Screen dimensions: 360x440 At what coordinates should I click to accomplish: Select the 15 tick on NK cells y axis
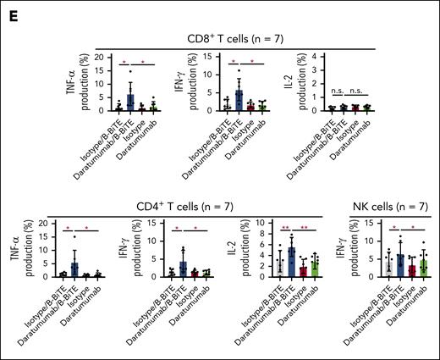(x=374, y=225)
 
